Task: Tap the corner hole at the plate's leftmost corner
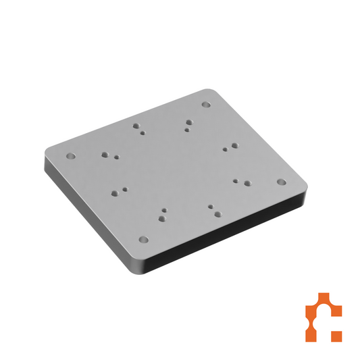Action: (70, 156)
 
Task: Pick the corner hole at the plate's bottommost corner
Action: (143, 239)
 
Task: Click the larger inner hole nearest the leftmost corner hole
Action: (105, 155)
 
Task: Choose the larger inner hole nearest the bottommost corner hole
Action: (162, 217)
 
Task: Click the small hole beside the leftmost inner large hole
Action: (117, 157)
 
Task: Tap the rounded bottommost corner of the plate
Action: (135, 267)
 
